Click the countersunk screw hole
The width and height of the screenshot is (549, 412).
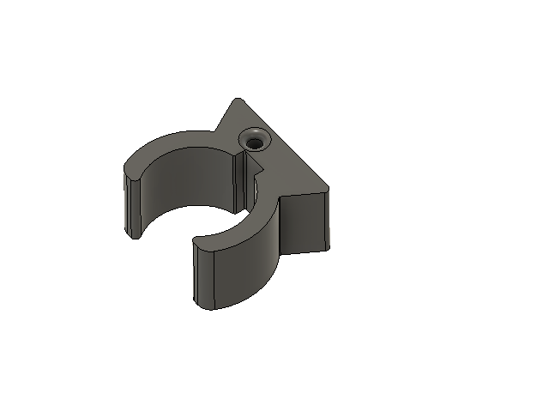254,138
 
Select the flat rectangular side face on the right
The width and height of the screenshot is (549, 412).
305,222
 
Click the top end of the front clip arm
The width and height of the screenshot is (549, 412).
199,244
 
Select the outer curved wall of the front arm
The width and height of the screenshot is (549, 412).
249,266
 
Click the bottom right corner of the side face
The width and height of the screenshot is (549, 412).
329,249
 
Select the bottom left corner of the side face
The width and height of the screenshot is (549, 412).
282,253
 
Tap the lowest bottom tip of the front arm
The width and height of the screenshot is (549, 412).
214,308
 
